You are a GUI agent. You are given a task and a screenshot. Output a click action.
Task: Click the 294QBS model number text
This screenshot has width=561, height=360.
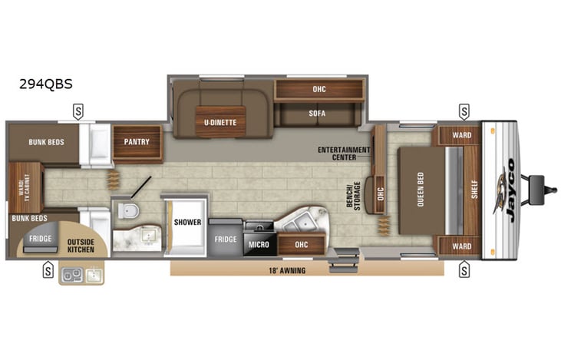point(46,84)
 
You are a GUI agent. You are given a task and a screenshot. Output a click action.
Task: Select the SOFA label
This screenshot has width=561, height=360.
point(318,113)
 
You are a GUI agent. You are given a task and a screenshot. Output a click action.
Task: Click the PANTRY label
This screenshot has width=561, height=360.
point(138,141)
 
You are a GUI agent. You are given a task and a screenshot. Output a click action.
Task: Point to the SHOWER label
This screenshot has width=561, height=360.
point(187,222)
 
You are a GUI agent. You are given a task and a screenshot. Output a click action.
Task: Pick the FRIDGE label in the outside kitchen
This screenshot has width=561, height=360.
point(41,238)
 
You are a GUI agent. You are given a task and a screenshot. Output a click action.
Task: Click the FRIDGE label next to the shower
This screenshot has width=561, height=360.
point(226,239)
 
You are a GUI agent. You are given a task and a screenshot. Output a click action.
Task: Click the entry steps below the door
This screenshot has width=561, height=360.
point(342,262)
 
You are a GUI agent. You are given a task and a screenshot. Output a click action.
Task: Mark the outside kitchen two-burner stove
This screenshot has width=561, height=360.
point(73,275)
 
